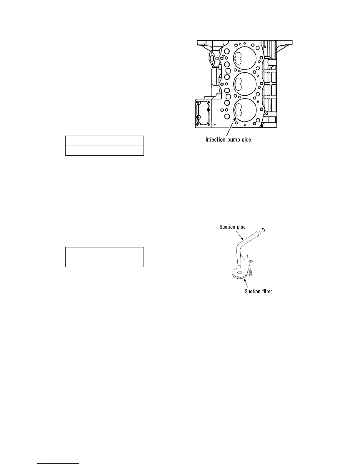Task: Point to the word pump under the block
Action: [234, 140]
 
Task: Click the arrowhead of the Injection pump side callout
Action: [234, 117]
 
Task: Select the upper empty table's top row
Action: [104, 141]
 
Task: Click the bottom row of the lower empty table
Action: [104, 262]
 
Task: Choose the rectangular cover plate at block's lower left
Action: [203, 113]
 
